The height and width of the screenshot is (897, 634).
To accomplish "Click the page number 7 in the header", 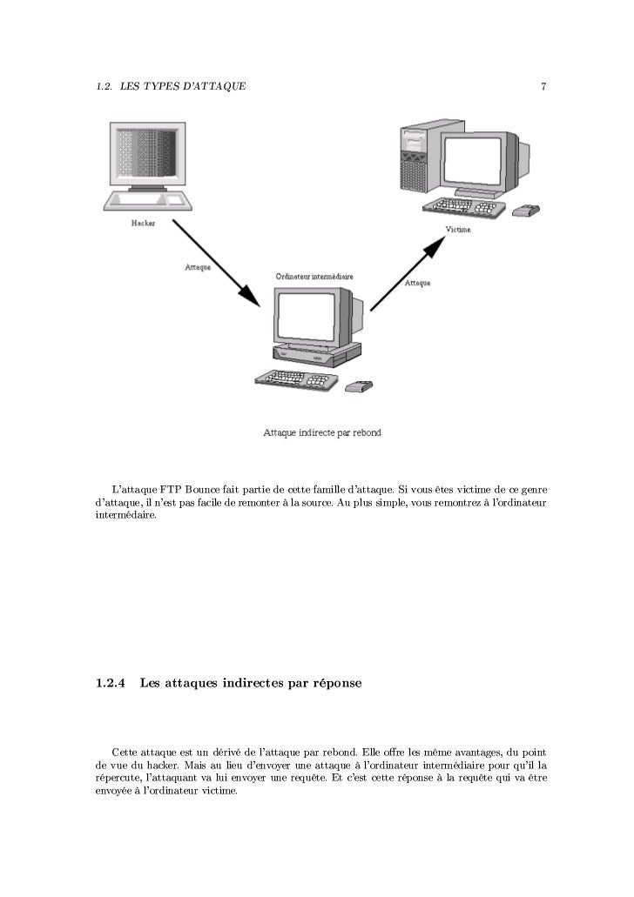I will pyautogui.click(x=543, y=86).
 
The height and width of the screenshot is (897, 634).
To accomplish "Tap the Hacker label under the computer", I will pyautogui.click(x=143, y=224).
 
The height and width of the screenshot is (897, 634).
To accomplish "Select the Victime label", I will pyautogui.click(x=458, y=230).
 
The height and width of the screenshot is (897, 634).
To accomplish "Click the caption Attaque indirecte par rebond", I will pyautogui.click(x=322, y=432).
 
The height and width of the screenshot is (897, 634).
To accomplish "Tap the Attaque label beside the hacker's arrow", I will pyautogui.click(x=198, y=266).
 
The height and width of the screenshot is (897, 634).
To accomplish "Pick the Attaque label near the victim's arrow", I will pyautogui.click(x=418, y=283).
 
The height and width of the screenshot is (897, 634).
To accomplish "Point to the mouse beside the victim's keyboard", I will pyautogui.click(x=527, y=210).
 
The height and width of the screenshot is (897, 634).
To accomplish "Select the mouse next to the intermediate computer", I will pyautogui.click(x=359, y=385).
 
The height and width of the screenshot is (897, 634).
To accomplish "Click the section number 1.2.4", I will pyautogui.click(x=109, y=684).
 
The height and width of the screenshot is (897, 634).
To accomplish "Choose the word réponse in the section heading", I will pyautogui.click(x=330, y=685).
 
